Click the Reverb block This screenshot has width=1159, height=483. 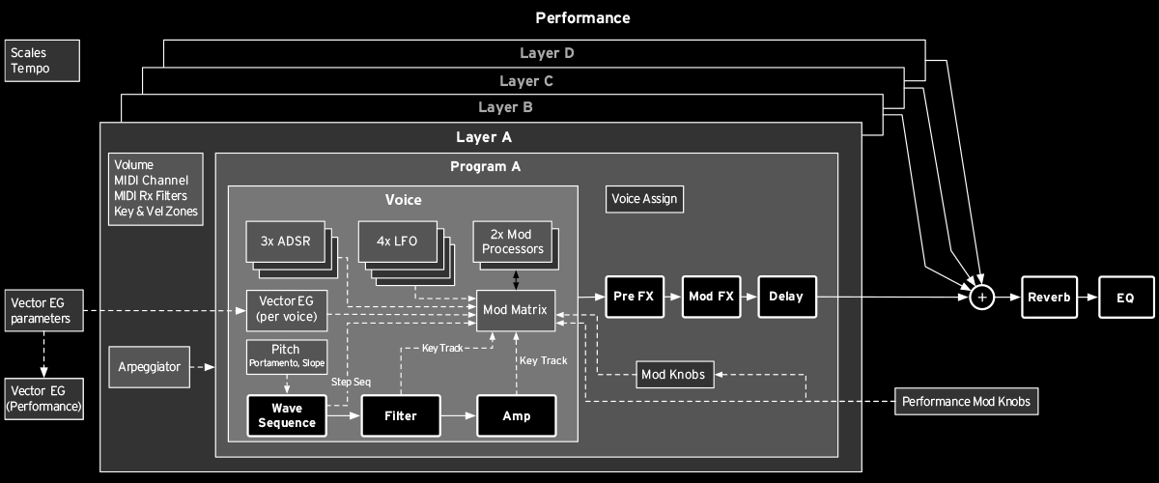1049,298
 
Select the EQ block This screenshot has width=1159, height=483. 1127,298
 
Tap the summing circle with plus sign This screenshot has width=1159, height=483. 981,298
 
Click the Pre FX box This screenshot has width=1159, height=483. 634,298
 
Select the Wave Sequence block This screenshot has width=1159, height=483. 286,415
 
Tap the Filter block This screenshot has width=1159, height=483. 401,415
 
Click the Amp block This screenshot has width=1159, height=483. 517,415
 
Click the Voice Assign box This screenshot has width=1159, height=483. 645,200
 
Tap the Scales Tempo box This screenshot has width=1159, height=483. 42,60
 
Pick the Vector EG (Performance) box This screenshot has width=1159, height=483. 42,400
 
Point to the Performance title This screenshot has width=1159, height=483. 582,17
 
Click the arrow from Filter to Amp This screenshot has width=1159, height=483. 459,415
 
